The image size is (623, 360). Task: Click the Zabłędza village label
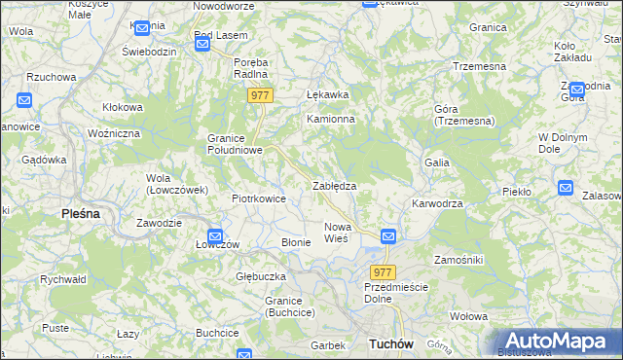click(x=333, y=185)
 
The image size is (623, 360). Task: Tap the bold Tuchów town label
click(x=392, y=344)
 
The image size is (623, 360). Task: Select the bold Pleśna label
click(x=81, y=212)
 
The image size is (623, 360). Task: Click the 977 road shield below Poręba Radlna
click(x=260, y=95)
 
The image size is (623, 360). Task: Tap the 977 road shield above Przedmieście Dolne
click(x=383, y=272)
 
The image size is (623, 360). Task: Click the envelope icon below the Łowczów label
click(x=215, y=235)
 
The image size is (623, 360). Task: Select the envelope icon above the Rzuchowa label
click(x=25, y=100)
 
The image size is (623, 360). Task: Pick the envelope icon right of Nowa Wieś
click(x=387, y=235)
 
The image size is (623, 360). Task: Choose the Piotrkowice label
click(x=258, y=198)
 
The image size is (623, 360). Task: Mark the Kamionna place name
click(x=331, y=119)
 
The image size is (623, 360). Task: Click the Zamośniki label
click(x=458, y=261)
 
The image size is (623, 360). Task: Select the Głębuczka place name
click(x=260, y=276)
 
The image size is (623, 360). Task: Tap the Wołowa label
click(x=468, y=316)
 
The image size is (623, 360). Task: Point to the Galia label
click(x=436, y=162)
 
